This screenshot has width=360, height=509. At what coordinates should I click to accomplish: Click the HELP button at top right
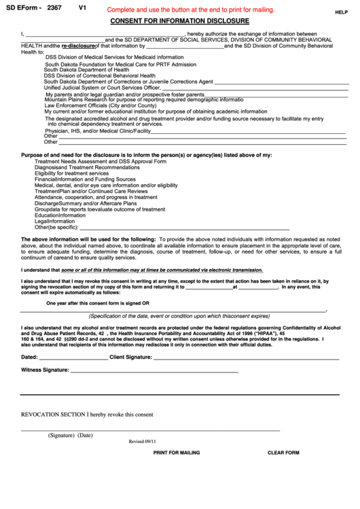(x=341, y=12)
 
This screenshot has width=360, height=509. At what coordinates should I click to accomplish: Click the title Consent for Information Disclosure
(x=179, y=21)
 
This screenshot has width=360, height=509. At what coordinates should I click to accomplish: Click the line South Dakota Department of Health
(x=86, y=69)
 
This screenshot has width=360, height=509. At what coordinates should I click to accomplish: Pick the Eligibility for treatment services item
(x=71, y=173)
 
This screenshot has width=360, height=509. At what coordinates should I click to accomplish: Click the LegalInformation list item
(x=55, y=222)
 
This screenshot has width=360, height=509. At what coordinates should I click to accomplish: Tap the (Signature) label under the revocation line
(x=61, y=435)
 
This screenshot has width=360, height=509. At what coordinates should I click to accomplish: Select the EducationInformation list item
(x=60, y=215)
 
